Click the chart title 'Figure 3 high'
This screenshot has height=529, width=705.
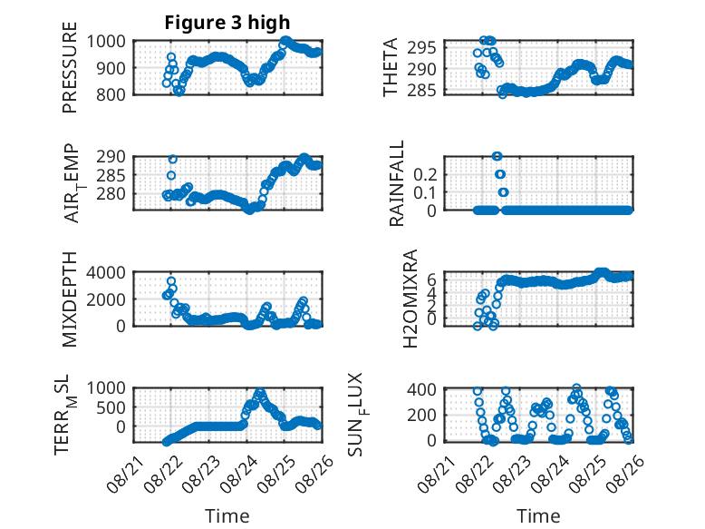tap(227, 23)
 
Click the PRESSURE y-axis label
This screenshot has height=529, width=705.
tap(70, 67)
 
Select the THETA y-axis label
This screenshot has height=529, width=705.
tap(391, 67)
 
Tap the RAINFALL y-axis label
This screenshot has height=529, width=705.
tap(397, 183)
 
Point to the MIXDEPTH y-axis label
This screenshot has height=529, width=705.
tap(70, 299)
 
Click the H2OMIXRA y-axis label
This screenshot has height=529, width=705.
tap(410, 299)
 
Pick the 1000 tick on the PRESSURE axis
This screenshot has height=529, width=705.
tap(106, 42)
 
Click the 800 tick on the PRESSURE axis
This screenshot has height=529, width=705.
tap(111, 94)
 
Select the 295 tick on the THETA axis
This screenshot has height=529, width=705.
tap(421, 47)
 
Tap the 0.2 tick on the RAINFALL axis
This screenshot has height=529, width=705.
tap(425, 174)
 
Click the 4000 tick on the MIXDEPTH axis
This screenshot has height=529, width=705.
tap(106, 272)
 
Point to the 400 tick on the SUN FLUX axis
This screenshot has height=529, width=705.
tap(421, 389)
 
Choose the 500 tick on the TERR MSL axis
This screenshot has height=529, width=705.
tap(111, 408)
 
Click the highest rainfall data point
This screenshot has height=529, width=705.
tap(497, 156)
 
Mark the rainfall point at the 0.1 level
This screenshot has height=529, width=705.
tap(503, 192)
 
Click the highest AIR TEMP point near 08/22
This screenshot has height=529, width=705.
tap(173, 160)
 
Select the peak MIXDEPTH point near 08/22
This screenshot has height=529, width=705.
tap(171, 281)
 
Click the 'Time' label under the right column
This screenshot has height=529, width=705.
tap(538, 516)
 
